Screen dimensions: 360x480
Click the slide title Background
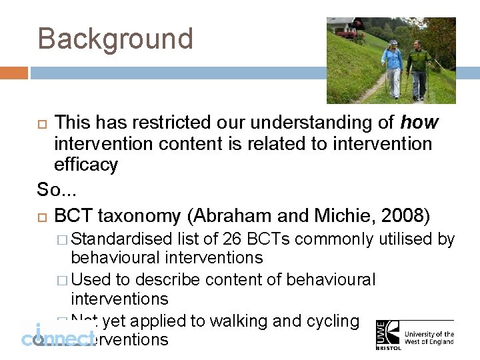pos(115,39)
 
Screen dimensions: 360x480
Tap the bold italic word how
pos(419,123)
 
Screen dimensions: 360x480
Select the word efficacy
pos(85,165)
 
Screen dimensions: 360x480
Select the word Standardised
pos(123,239)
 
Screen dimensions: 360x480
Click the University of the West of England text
pos(429,338)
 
